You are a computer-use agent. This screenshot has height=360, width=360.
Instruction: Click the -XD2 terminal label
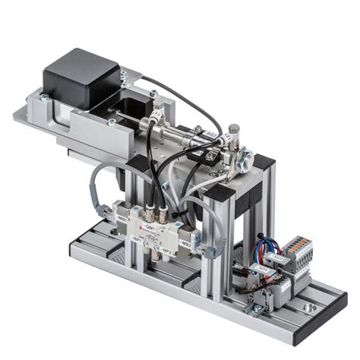(x=278, y=258)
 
